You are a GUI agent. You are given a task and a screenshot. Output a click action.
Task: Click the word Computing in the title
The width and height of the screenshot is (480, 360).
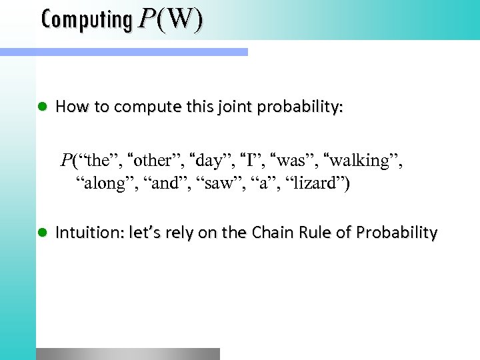tap(87, 20)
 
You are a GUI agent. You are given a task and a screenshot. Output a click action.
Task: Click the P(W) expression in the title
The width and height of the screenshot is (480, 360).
tap(170, 20)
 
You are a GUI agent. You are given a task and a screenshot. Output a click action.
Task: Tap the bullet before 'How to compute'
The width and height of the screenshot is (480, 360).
tap(42, 107)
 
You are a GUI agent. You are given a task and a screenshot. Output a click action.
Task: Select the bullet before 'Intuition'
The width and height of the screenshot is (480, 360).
tap(42, 233)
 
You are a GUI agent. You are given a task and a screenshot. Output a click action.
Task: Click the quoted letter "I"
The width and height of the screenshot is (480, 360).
tap(251, 161)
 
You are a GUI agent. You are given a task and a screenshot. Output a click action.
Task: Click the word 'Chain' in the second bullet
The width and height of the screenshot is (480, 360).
tap(269, 233)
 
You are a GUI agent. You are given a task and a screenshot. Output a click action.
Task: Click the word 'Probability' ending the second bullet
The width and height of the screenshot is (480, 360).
tap(397, 233)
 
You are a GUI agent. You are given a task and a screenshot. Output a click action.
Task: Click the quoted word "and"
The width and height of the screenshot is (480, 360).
tap(163, 184)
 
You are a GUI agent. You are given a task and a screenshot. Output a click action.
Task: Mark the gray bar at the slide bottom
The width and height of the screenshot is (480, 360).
tap(127, 353)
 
